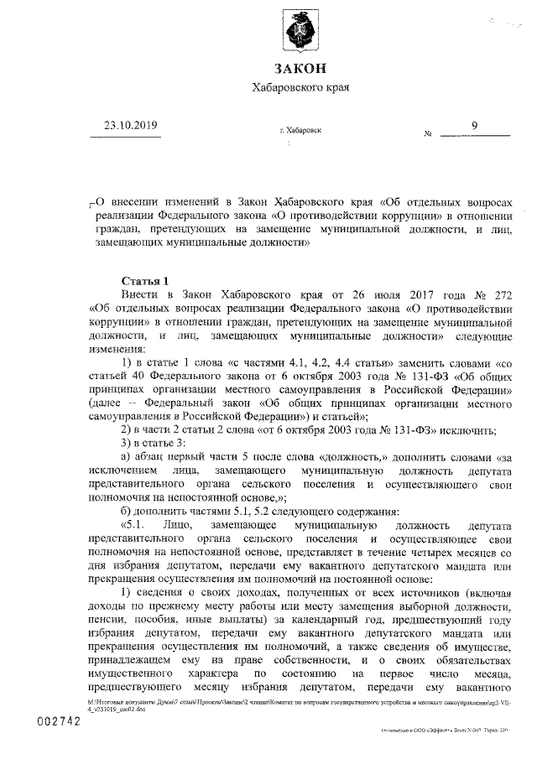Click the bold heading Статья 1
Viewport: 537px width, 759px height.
pyautogui.click(x=145, y=280)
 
